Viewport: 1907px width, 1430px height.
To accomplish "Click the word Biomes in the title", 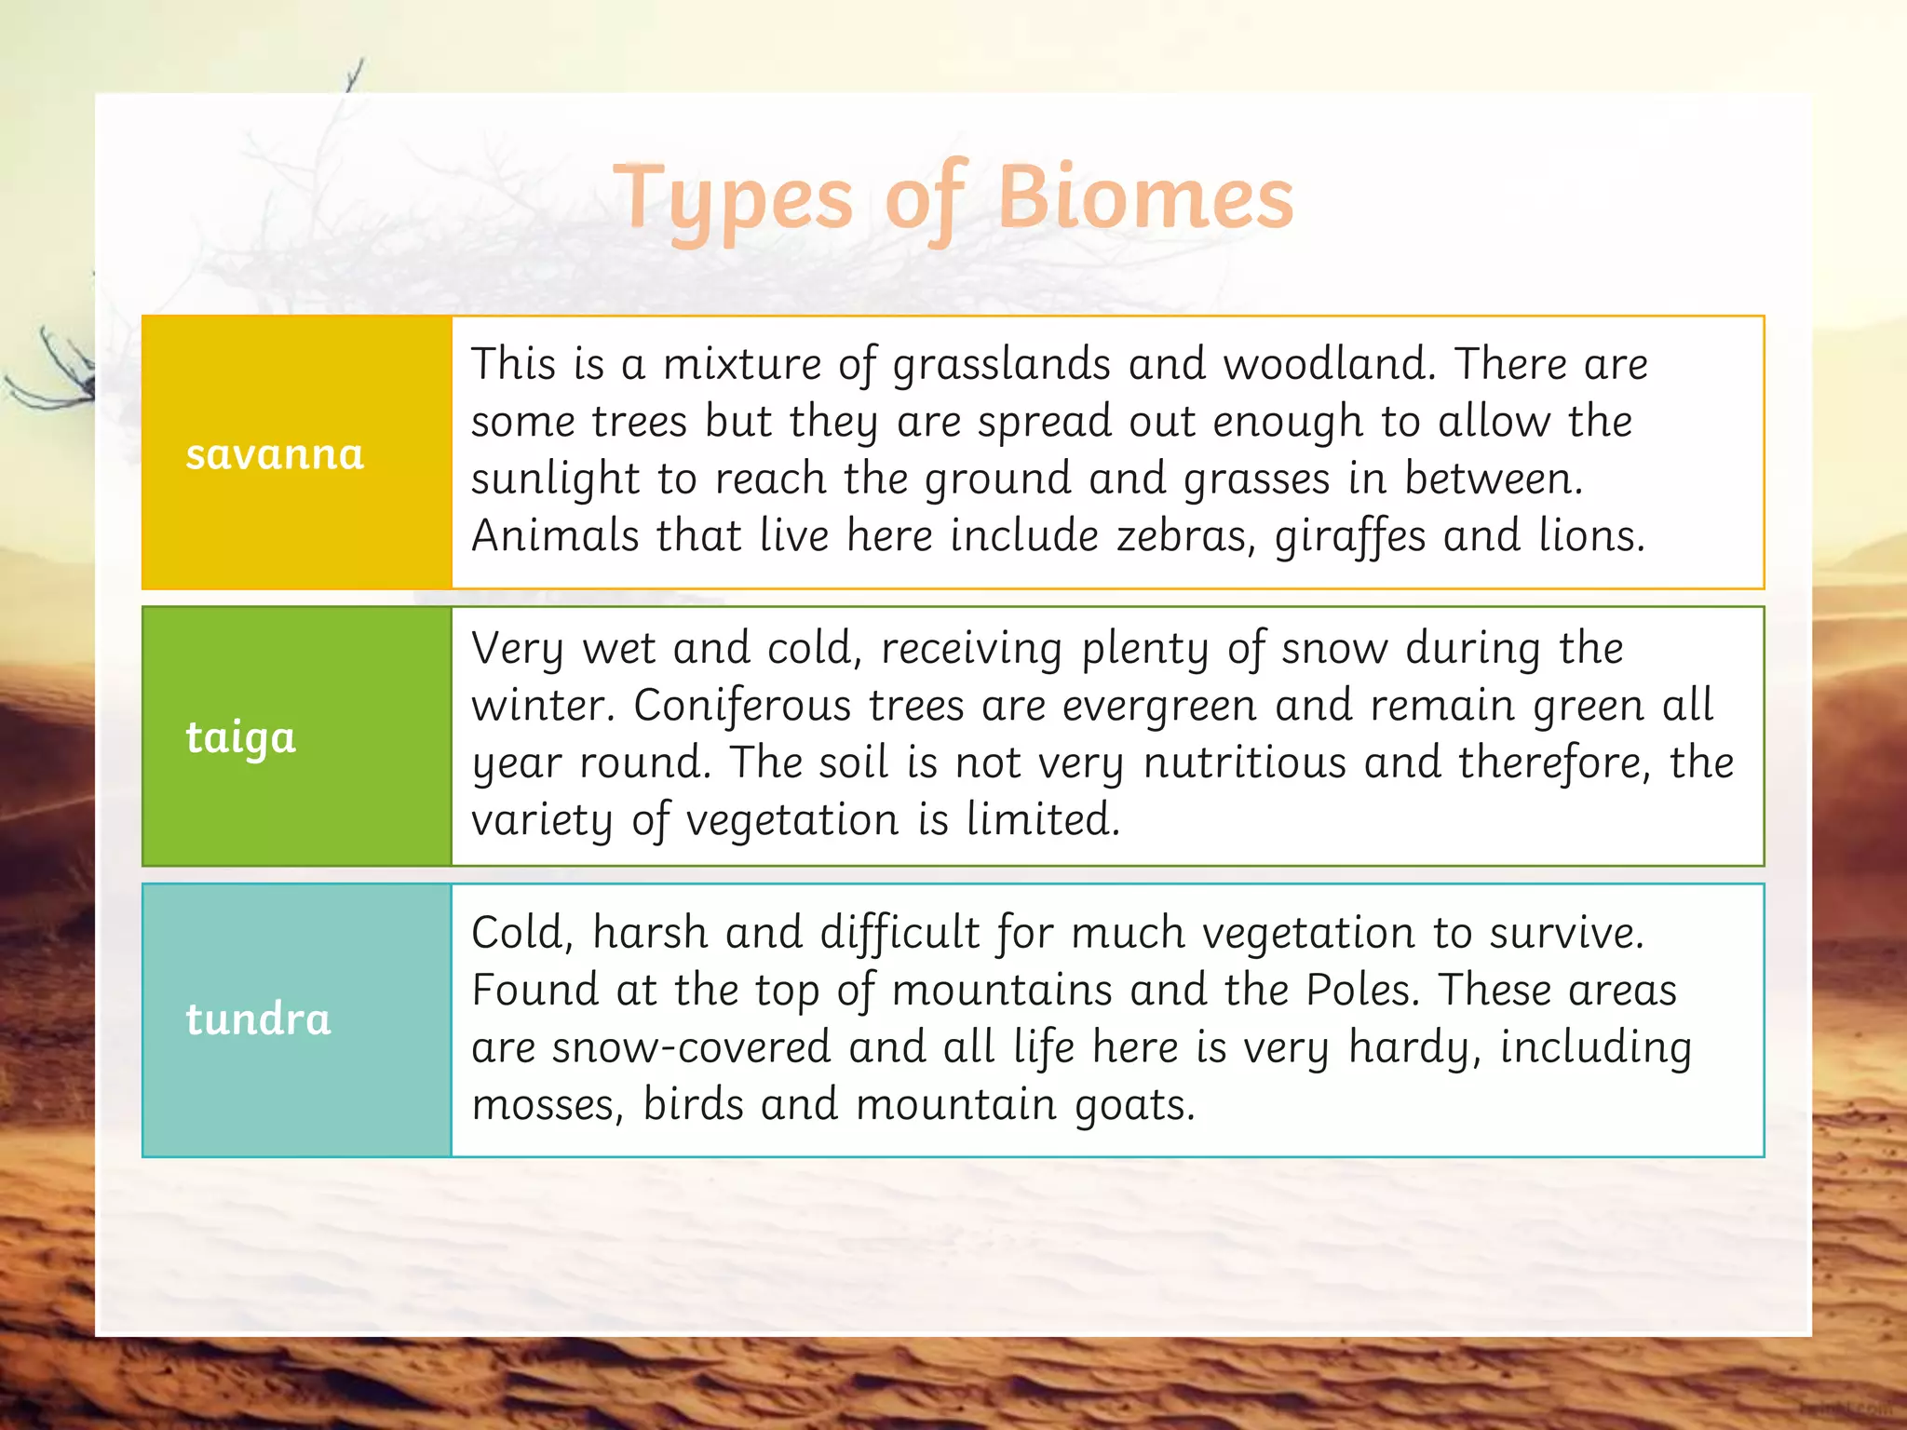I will coord(1144,198).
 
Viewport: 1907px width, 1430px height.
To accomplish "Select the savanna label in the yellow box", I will coord(275,454).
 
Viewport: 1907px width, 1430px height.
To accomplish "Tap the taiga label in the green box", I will coord(240,738).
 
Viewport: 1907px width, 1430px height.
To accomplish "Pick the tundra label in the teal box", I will coord(258,1019).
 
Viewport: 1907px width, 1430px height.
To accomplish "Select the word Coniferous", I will coord(742,706).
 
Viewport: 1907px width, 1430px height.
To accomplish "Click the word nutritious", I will coord(1244,763).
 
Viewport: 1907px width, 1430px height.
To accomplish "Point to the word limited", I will coord(1042,820).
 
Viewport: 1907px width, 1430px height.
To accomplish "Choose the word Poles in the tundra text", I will coord(1362,990).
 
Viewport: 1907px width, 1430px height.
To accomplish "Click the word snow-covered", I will coord(691,1047).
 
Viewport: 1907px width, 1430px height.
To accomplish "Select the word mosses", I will coord(547,1106).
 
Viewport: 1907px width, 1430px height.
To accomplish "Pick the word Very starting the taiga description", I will coord(517,649).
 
